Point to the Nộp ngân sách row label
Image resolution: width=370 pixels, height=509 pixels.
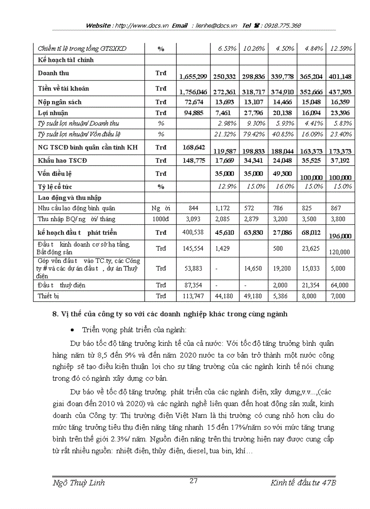pos(60,102)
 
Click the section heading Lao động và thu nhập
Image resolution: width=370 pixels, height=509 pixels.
pos(69,198)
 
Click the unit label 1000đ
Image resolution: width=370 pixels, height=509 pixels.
pos(161,219)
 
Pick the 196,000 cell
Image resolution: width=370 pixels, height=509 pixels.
pos(340,236)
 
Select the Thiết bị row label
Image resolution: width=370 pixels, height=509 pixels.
pos(49,296)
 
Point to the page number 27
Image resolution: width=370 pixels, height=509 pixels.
pos(193,481)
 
